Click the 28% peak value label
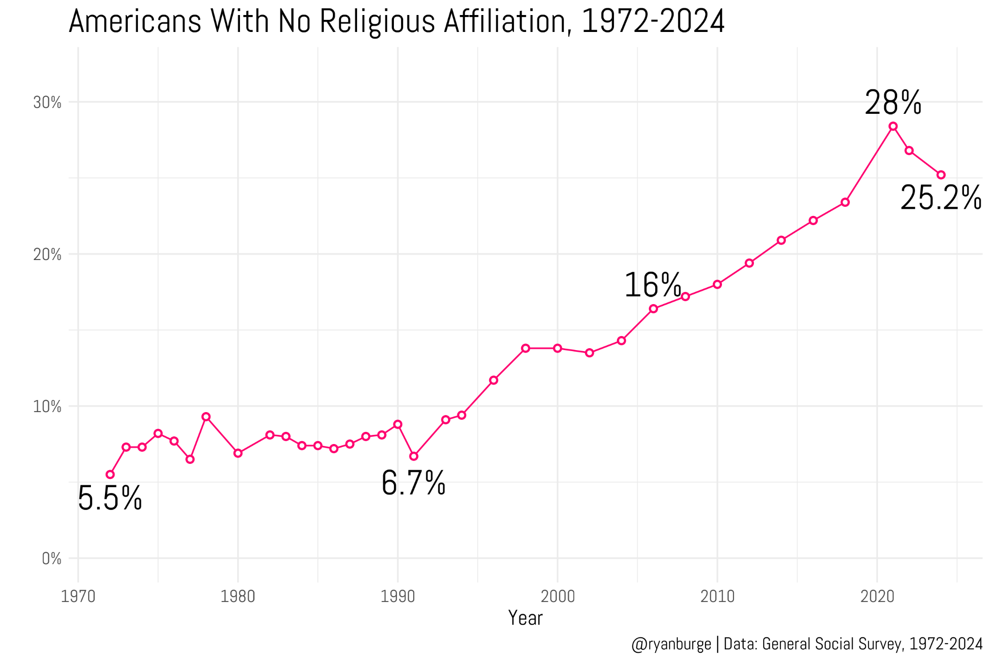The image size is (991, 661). [x=893, y=103]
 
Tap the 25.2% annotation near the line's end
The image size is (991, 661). [x=940, y=199]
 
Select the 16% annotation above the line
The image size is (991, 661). [x=652, y=285]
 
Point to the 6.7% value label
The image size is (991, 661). [x=413, y=484]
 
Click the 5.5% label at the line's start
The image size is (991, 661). [x=110, y=499]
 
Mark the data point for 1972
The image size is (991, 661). [x=110, y=474]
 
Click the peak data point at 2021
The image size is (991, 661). [x=893, y=126]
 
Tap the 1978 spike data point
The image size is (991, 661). [x=206, y=416]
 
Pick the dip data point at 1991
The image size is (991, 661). [x=414, y=456]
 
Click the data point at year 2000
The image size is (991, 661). [x=557, y=348]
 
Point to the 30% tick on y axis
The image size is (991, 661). [x=47, y=103]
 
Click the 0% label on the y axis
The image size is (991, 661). [x=51, y=559]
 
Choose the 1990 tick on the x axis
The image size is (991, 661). [x=398, y=597]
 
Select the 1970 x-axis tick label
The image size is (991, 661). [x=78, y=597]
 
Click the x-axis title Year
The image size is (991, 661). [x=525, y=618]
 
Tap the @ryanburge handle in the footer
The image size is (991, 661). [x=671, y=644]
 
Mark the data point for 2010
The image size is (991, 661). [x=717, y=284]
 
